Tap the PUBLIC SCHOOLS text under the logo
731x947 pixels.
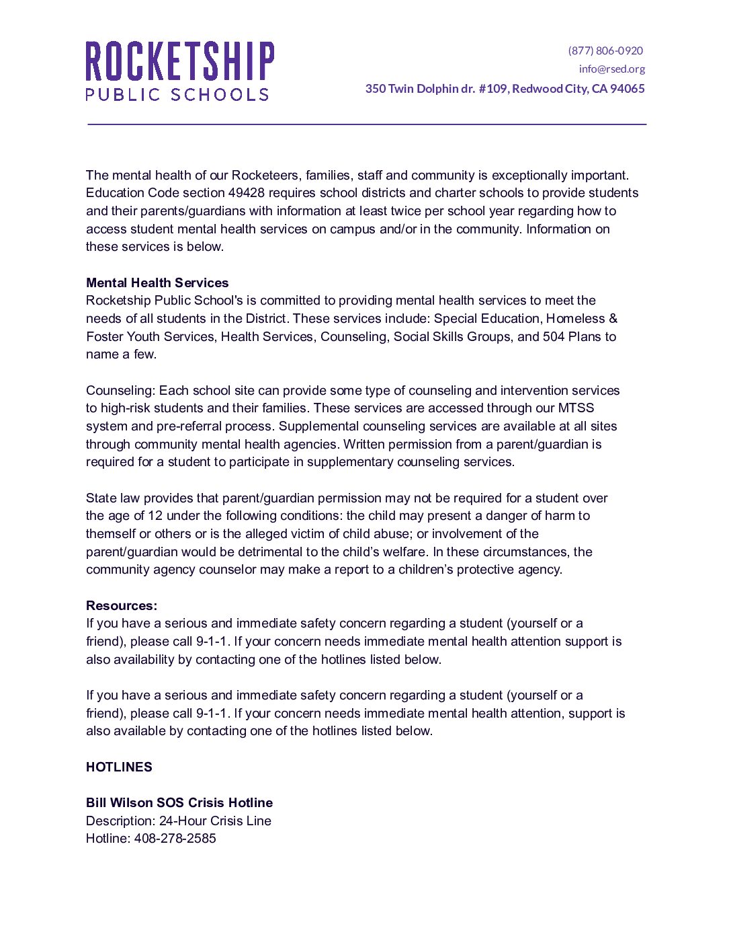(177, 94)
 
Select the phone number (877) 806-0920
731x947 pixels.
(605, 50)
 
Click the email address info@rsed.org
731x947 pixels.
(611, 69)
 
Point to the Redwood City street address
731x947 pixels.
(505, 89)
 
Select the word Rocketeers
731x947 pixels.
(265, 176)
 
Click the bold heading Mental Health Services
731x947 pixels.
(157, 282)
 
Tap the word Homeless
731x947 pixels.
(575, 318)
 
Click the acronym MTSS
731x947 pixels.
(576, 408)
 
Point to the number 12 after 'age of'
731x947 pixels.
(155, 516)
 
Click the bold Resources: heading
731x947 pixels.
(122, 605)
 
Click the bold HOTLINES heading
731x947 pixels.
(119, 767)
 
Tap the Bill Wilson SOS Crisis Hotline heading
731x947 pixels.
(179, 802)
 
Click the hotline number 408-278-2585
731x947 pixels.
(175, 839)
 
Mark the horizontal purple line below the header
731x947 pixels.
(366, 124)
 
